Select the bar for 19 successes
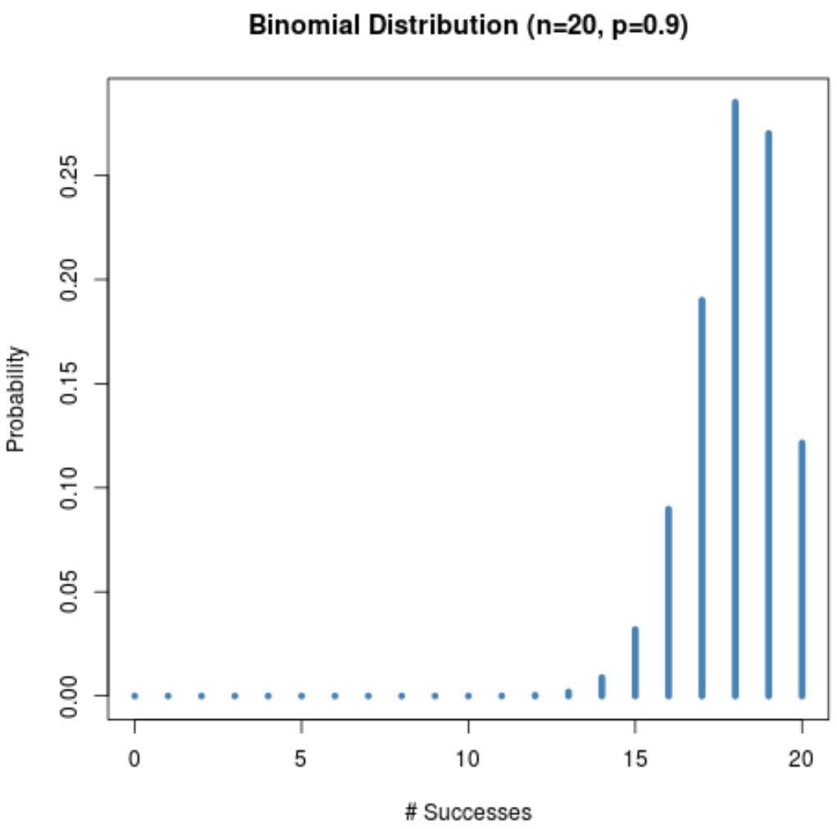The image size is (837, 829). pos(769,414)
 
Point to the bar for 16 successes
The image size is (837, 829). pos(669,602)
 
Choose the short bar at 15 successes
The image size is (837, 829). pos(635,663)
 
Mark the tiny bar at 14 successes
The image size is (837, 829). pos(602,687)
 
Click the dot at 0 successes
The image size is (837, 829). pos(134,695)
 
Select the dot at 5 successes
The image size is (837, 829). pos(302,695)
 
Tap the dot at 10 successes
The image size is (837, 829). pos(468,695)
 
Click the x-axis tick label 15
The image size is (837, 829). pos(635,758)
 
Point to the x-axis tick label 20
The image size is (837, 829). pos(802,758)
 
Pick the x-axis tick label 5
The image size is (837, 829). pos(302,758)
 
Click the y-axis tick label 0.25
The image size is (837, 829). pos(69,175)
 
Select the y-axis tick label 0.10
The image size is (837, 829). pos(69,487)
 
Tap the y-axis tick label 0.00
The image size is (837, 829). pos(69,695)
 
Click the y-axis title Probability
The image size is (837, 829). pos(16,399)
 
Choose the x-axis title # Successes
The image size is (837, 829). pos(468,813)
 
